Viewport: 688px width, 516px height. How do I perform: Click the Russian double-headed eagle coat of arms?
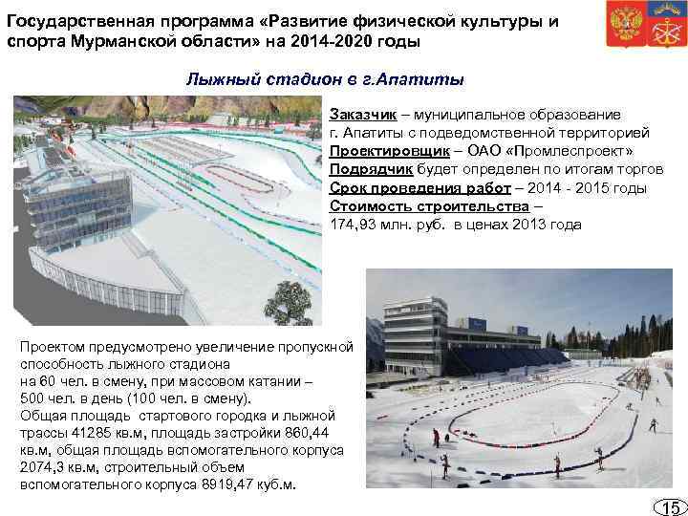[x=625, y=26]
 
